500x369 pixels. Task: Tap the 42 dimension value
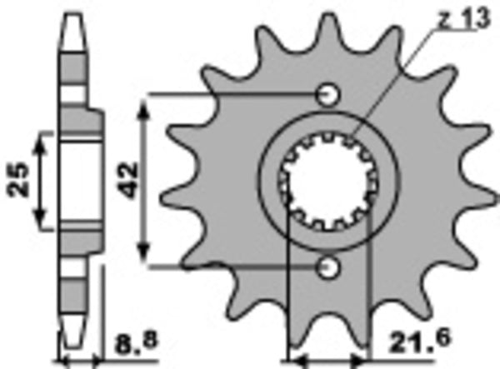pos(128,178)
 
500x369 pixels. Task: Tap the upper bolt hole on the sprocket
pos(330,92)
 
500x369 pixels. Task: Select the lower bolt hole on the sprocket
pos(330,267)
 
